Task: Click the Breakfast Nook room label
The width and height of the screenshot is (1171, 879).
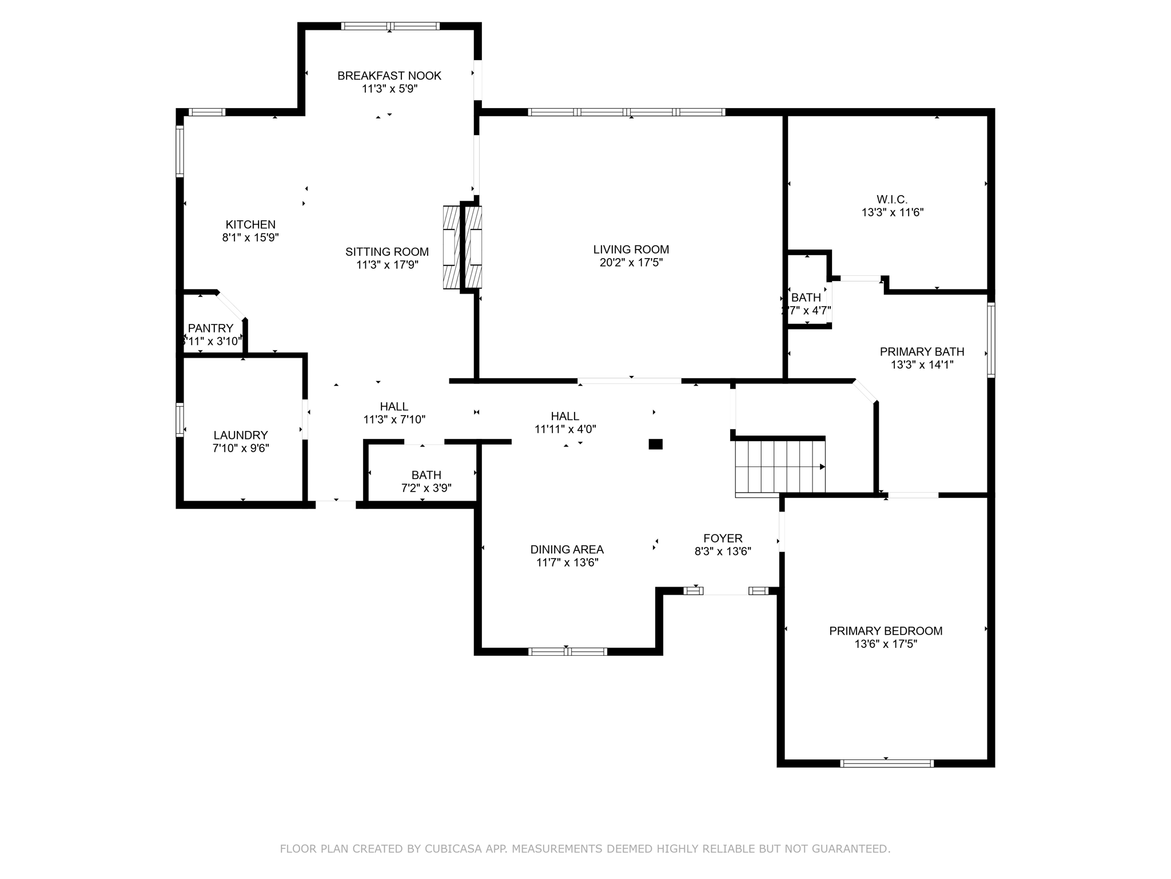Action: click(x=389, y=76)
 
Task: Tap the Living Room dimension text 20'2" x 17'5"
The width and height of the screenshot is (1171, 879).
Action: click(x=631, y=263)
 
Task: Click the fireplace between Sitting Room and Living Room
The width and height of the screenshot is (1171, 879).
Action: click(x=463, y=247)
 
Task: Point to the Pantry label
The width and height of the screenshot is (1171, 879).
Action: click(x=210, y=328)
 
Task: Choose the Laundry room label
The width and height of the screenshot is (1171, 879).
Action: click(x=240, y=435)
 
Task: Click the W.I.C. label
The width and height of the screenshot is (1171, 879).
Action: click(x=892, y=199)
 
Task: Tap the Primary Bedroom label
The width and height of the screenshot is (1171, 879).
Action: click(x=886, y=631)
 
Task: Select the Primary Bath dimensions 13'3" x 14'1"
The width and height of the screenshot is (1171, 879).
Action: click(x=922, y=365)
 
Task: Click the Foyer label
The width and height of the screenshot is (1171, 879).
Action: click(x=723, y=538)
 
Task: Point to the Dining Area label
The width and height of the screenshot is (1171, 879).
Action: click(x=567, y=549)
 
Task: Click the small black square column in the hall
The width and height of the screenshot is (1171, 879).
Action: click(x=655, y=444)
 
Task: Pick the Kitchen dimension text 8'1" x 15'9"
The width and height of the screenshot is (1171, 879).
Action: click(x=250, y=237)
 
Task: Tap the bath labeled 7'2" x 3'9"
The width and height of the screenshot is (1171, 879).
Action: click(x=426, y=475)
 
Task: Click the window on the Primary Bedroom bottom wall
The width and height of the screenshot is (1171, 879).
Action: click(x=886, y=763)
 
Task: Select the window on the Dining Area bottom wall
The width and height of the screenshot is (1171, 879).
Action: click(x=567, y=651)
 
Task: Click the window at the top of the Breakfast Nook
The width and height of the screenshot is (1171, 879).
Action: click(x=390, y=26)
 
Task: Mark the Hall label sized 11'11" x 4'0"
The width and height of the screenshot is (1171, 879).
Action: click(x=565, y=416)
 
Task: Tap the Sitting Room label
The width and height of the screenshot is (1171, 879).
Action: click(x=387, y=252)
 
